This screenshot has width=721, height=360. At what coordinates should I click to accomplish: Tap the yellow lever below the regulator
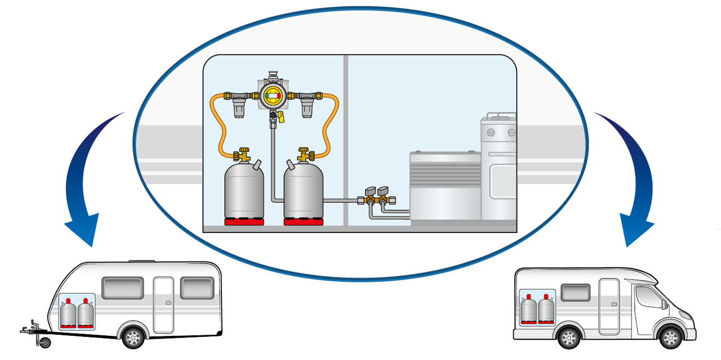[280, 118]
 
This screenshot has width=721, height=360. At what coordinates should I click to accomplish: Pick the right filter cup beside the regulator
[308, 107]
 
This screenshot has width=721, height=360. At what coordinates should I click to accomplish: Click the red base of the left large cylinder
[244, 222]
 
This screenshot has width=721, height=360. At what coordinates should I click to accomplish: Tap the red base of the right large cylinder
[302, 222]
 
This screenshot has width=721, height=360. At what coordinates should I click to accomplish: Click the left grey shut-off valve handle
[370, 191]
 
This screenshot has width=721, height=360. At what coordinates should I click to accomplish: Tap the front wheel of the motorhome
[671, 337]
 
